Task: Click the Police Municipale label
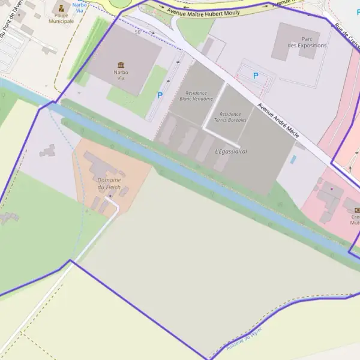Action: point(61,19)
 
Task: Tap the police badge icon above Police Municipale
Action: point(61,8)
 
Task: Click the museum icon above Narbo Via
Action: point(121,65)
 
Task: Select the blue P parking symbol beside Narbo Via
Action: point(160,95)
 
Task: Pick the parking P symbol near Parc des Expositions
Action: point(256,76)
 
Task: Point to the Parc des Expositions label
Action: point(307,42)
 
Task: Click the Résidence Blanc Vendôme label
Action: point(196,95)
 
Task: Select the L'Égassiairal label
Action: point(231,151)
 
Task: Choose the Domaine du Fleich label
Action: point(109,183)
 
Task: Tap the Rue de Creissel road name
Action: point(347,36)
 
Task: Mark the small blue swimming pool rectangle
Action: point(293,160)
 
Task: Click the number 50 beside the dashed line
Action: point(137,32)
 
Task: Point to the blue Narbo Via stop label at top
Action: point(79,7)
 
